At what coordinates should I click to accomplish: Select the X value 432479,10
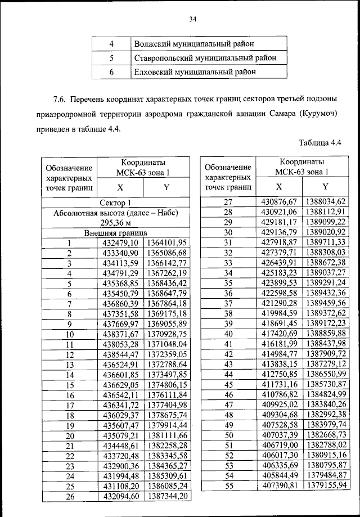(x=120, y=242)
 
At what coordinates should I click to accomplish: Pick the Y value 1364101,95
(x=166, y=242)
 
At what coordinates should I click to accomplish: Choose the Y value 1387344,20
(x=166, y=496)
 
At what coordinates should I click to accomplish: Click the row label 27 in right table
(x=228, y=201)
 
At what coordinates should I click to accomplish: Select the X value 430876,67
(x=280, y=201)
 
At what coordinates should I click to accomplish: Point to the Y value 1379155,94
(x=325, y=485)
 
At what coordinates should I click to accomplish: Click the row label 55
(x=228, y=485)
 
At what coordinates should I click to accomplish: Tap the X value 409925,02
(x=280, y=404)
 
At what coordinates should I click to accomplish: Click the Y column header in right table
(x=325, y=186)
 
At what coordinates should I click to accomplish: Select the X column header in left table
(x=120, y=188)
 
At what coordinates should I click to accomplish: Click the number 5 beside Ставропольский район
(x=111, y=57)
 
